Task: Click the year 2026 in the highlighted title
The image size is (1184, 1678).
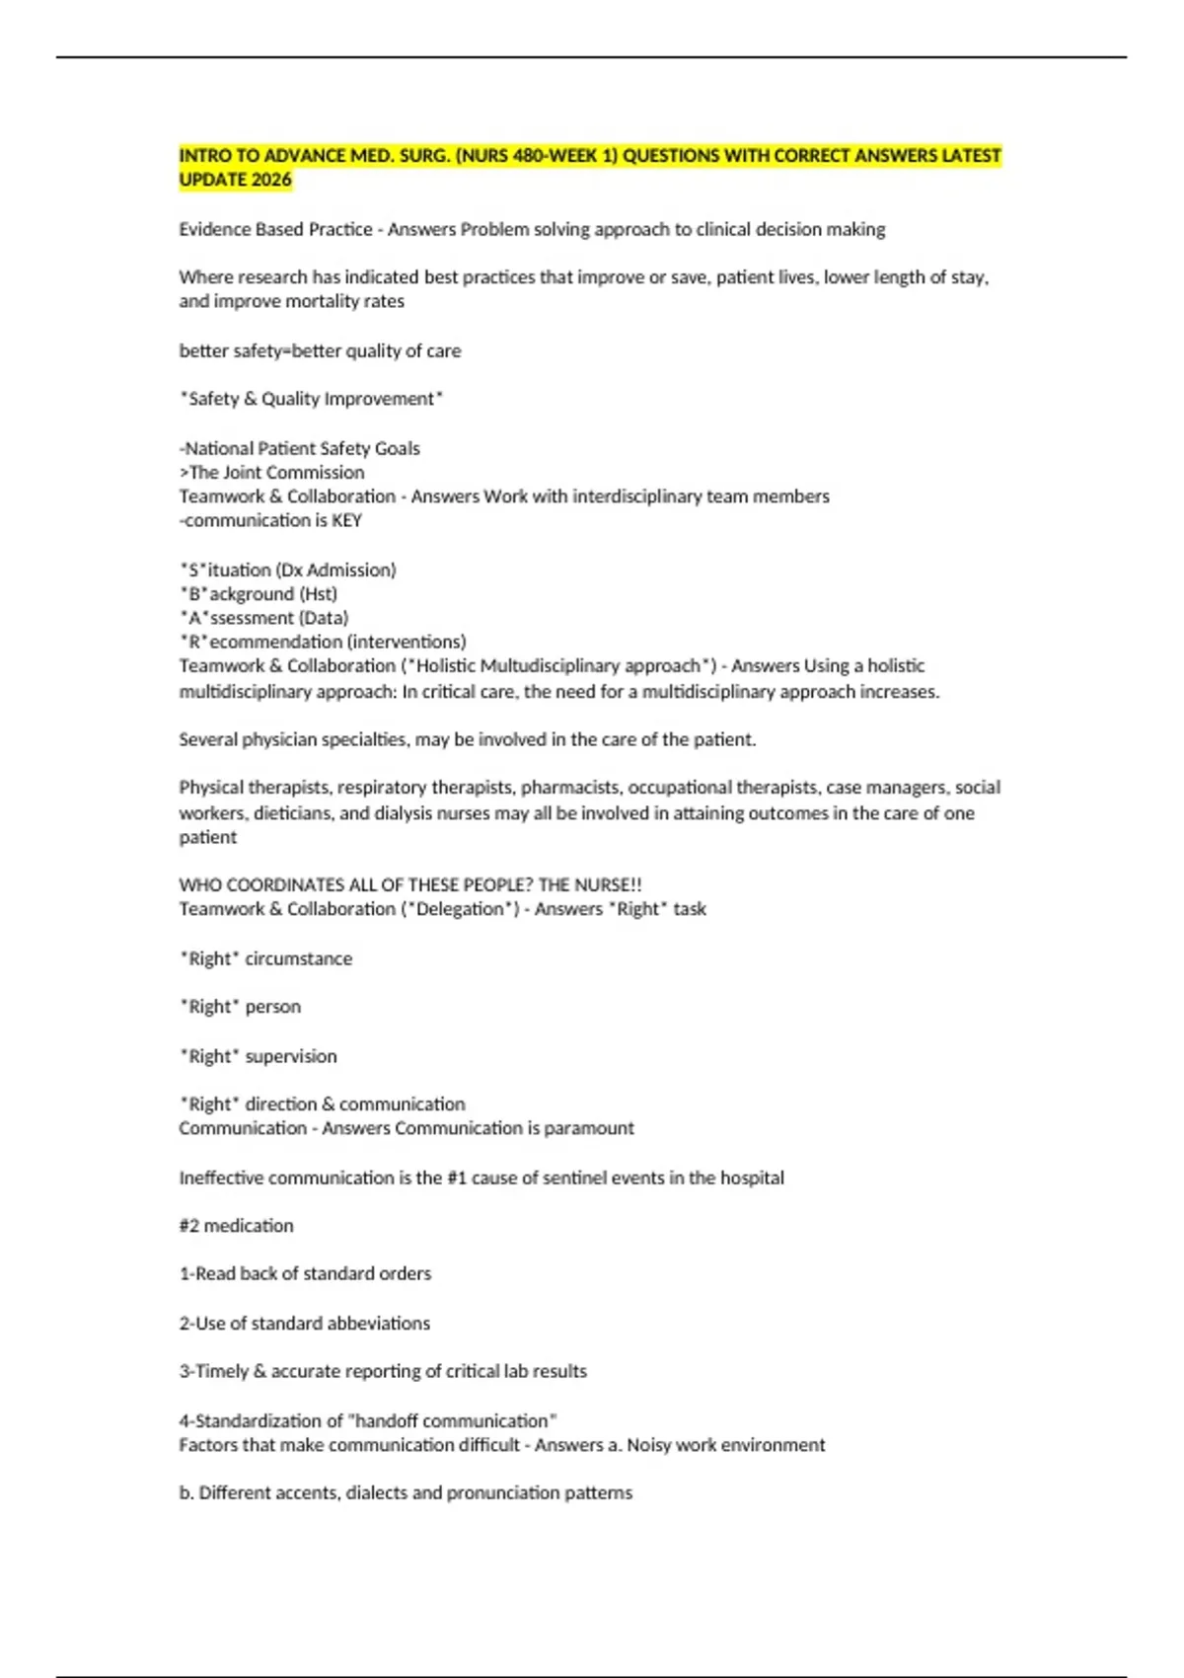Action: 270,180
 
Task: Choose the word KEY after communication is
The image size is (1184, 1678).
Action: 346,520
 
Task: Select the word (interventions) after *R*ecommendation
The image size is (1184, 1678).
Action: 407,642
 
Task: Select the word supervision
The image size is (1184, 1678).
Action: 291,1056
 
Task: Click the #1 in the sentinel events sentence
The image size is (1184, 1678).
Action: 457,1178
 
